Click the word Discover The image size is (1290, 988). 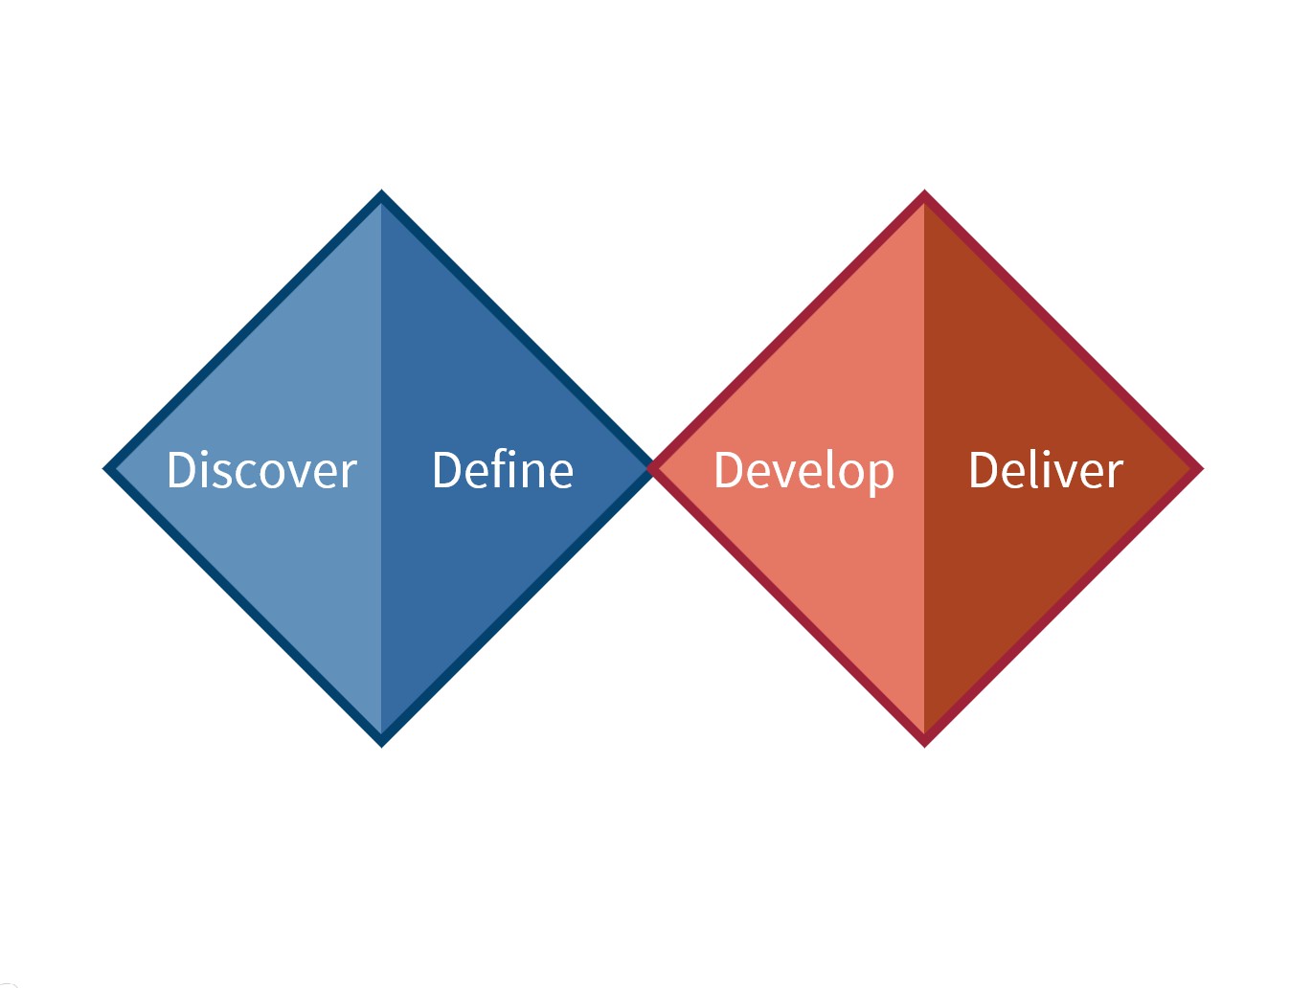pyautogui.click(x=261, y=470)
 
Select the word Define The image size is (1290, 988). pyautogui.click(x=502, y=470)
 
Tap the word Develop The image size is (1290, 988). pyautogui.click(x=803, y=473)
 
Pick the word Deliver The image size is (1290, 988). pyautogui.click(x=1046, y=470)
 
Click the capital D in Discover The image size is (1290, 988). pyautogui.click(x=181, y=471)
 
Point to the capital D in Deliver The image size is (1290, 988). pyautogui.click(x=984, y=471)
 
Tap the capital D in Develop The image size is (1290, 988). pyautogui.click(x=729, y=471)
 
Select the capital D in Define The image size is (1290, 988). pyautogui.click(x=447, y=471)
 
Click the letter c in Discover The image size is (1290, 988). pyautogui.click(x=251, y=476)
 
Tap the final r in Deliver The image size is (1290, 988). pyautogui.click(x=1115, y=475)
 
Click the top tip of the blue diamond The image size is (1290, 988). pyautogui.click(x=381, y=191)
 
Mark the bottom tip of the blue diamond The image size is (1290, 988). pyautogui.click(x=381, y=746)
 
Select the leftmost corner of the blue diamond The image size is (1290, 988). pyautogui.click(x=104, y=469)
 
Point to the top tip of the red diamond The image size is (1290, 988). pyautogui.click(x=924, y=191)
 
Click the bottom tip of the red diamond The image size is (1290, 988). pyautogui.click(x=924, y=746)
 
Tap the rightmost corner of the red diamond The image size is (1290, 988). pyautogui.click(x=1202, y=469)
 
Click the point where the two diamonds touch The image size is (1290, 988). pyautogui.click(x=652, y=468)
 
